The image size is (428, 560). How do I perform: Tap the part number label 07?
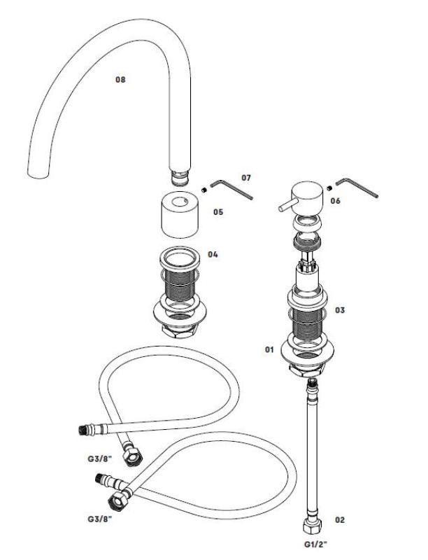pos(245,178)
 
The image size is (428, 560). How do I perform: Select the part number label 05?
pos(218,211)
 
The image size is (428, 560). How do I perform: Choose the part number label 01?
pos(268,347)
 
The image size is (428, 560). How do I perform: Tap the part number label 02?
pos(340,519)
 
